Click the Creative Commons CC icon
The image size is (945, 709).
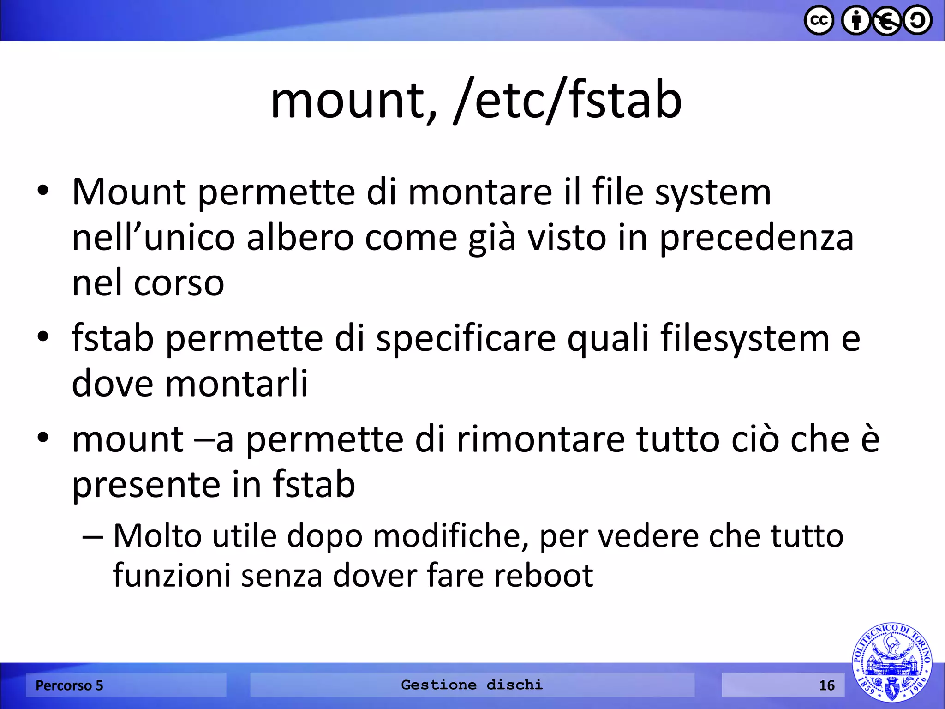pos(819,20)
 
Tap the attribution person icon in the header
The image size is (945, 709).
pos(856,20)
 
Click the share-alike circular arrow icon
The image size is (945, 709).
pos(917,20)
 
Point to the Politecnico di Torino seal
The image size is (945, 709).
pos(891,662)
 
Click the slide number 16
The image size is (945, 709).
pos(826,685)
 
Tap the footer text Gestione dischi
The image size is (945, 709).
pos(472,685)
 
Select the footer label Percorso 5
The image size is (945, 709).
pos(69,685)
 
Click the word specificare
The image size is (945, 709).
pos(466,338)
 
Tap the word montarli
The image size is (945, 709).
pos(236,383)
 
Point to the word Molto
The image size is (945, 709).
pos(157,536)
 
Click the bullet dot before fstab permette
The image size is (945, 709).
pos(43,337)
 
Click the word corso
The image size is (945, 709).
pos(179,283)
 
